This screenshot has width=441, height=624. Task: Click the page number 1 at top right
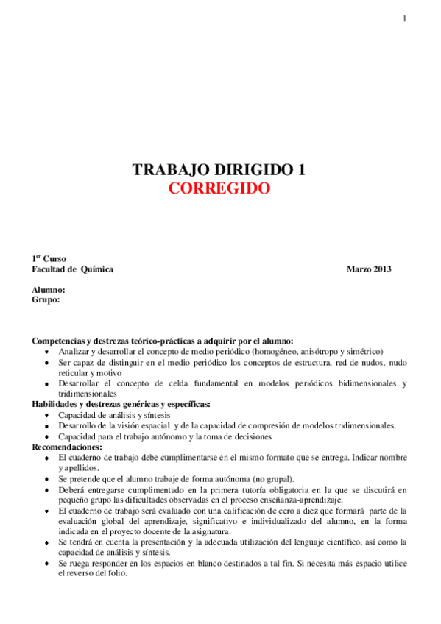click(405, 19)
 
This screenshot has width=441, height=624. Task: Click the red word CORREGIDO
click(219, 188)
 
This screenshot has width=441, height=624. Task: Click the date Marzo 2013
click(369, 269)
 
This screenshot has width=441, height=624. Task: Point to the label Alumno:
click(49, 290)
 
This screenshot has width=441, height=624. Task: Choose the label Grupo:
click(46, 299)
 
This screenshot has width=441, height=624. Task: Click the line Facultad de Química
click(72, 269)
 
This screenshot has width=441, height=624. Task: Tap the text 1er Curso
click(49, 259)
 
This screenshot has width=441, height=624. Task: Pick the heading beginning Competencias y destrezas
click(162, 341)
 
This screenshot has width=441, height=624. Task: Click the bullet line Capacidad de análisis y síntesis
click(114, 415)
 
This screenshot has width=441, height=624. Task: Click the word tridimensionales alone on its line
click(87, 394)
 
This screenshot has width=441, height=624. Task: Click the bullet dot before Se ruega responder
click(48, 563)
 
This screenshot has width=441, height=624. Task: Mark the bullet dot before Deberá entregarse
click(48, 489)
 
